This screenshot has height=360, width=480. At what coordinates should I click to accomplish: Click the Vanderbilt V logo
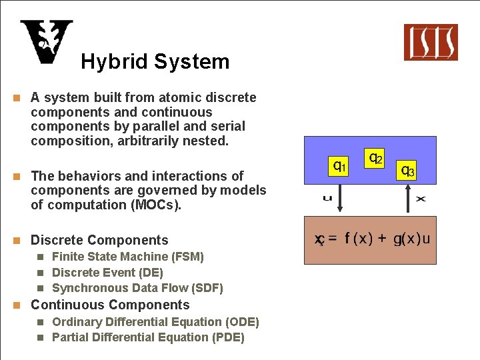(x=46, y=42)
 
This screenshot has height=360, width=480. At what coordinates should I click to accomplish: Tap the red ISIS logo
(x=431, y=42)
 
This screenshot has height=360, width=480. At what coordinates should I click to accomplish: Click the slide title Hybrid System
(x=155, y=62)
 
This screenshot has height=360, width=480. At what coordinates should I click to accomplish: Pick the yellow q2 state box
(x=375, y=158)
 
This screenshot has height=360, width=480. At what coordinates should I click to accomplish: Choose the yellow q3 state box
(x=407, y=170)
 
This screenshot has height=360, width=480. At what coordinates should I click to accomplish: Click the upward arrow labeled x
(x=409, y=199)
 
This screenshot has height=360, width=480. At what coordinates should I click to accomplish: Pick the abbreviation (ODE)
(x=240, y=322)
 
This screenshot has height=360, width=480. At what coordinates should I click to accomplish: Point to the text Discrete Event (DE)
(x=107, y=273)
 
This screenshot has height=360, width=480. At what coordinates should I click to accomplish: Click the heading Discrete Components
(x=99, y=240)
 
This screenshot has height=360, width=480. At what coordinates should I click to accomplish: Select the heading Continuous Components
(x=110, y=305)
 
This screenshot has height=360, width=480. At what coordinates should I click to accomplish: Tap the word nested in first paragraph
(x=208, y=141)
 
